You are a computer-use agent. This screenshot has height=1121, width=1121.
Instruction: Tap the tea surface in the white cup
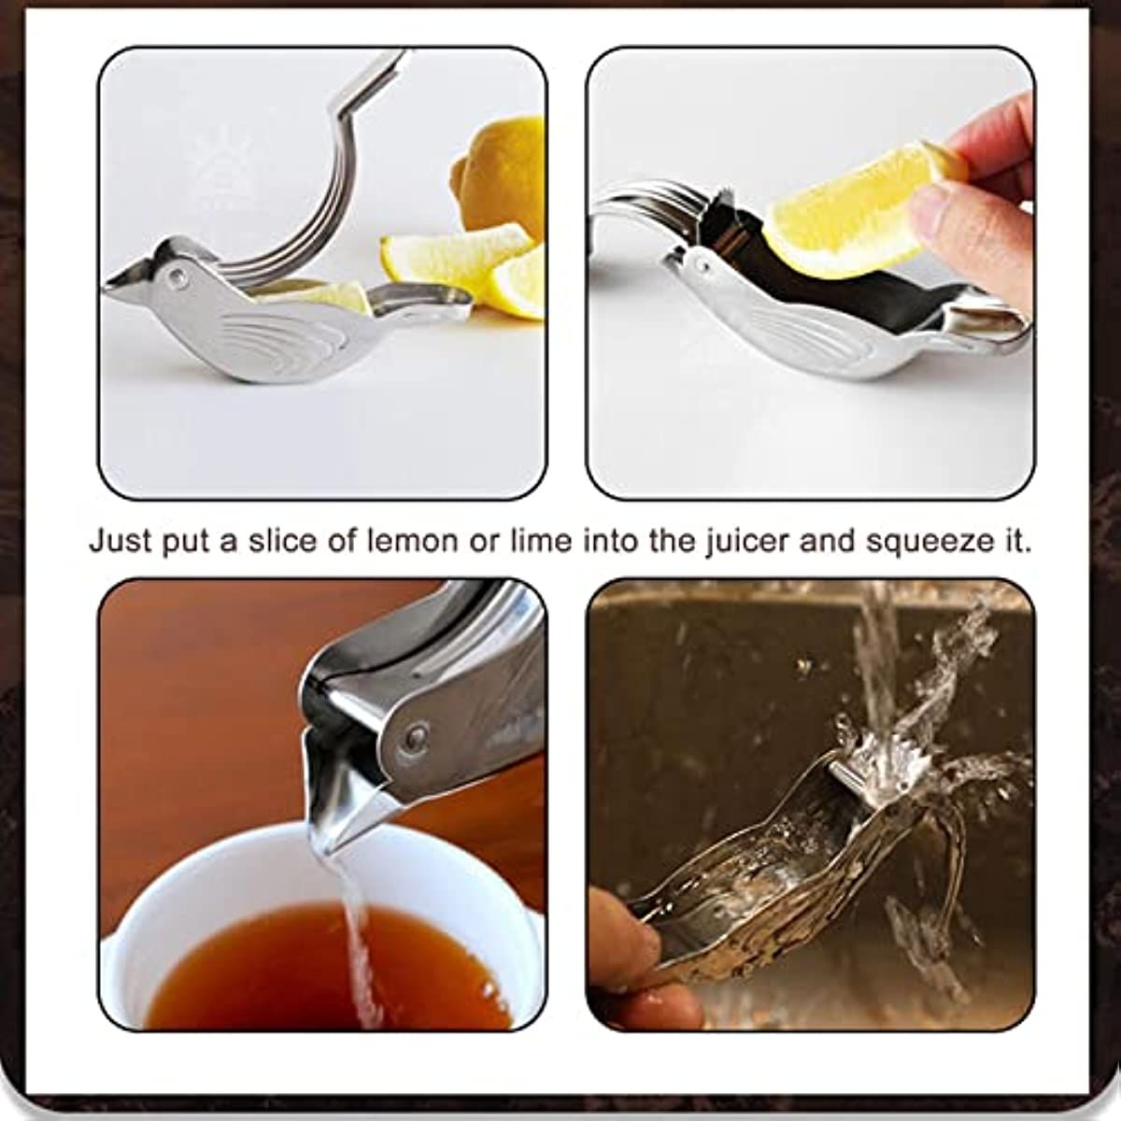pos(280,962)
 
